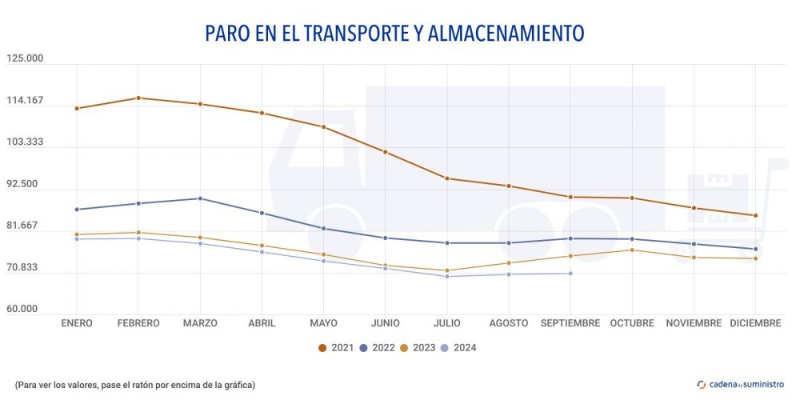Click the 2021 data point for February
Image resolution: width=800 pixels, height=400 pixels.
click(138, 98)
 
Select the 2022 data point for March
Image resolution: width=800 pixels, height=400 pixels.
click(200, 198)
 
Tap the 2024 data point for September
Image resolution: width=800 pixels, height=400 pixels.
click(570, 274)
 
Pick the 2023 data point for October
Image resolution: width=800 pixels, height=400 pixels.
click(632, 250)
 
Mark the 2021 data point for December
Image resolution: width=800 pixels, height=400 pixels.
click(755, 215)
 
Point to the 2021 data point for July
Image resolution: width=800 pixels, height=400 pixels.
click(447, 178)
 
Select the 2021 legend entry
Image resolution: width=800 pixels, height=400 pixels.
click(336, 348)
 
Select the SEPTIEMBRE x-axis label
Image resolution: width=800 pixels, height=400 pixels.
click(570, 323)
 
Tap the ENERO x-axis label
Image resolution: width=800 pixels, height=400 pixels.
click(77, 323)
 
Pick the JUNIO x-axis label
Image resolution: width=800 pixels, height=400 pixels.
click(386, 323)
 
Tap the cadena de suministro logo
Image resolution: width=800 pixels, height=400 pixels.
click(741, 384)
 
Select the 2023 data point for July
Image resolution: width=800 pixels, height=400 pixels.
click(447, 270)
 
